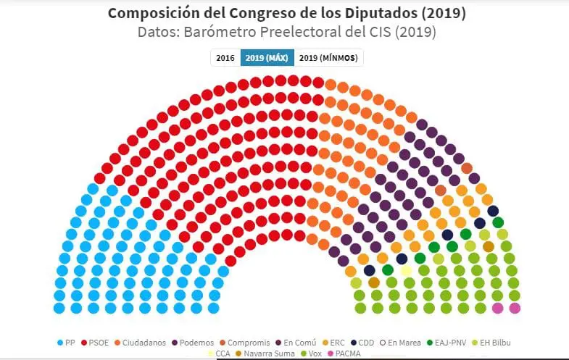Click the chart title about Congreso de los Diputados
point(286,14)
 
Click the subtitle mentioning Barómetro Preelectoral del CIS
point(286,33)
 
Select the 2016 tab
point(225,58)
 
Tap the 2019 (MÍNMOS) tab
point(328,58)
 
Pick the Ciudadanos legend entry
point(140,343)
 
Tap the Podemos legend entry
point(192,343)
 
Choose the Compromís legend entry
point(244,343)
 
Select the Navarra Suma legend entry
point(264,353)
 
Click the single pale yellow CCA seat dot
point(407,270)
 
